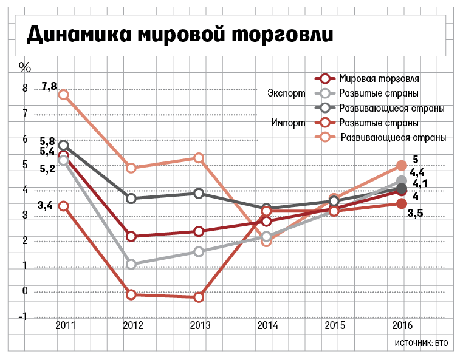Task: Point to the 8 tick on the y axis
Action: [25, 89]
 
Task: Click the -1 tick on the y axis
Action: [23, 317]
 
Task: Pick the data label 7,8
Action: [49, 86]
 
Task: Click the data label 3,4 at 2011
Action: [45, 205]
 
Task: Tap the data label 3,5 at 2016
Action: [415, 213]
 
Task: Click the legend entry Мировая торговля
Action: [379, 78]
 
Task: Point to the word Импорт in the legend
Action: [288, 123]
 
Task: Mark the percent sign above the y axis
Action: [24, 66]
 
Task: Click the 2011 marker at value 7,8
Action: [63, 95]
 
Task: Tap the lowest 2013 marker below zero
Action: [199, 297]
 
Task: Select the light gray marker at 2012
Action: [131, 264]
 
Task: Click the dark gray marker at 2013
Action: [199, 193]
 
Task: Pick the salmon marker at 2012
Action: [131, 168]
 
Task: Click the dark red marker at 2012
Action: [131, 236]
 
